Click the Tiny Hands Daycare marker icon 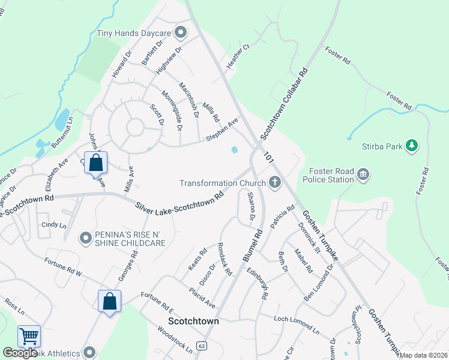coord(179,33)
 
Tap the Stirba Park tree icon coord(411,146)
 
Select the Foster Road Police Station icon coord(363,175)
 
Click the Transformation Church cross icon coord(275,182)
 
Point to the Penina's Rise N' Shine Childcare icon coord(86,239)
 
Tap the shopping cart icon coord(29,337)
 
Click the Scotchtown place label coord(193,321)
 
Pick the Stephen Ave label coord(222,130)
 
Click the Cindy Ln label coord(53,225)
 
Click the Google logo coord(19,353)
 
